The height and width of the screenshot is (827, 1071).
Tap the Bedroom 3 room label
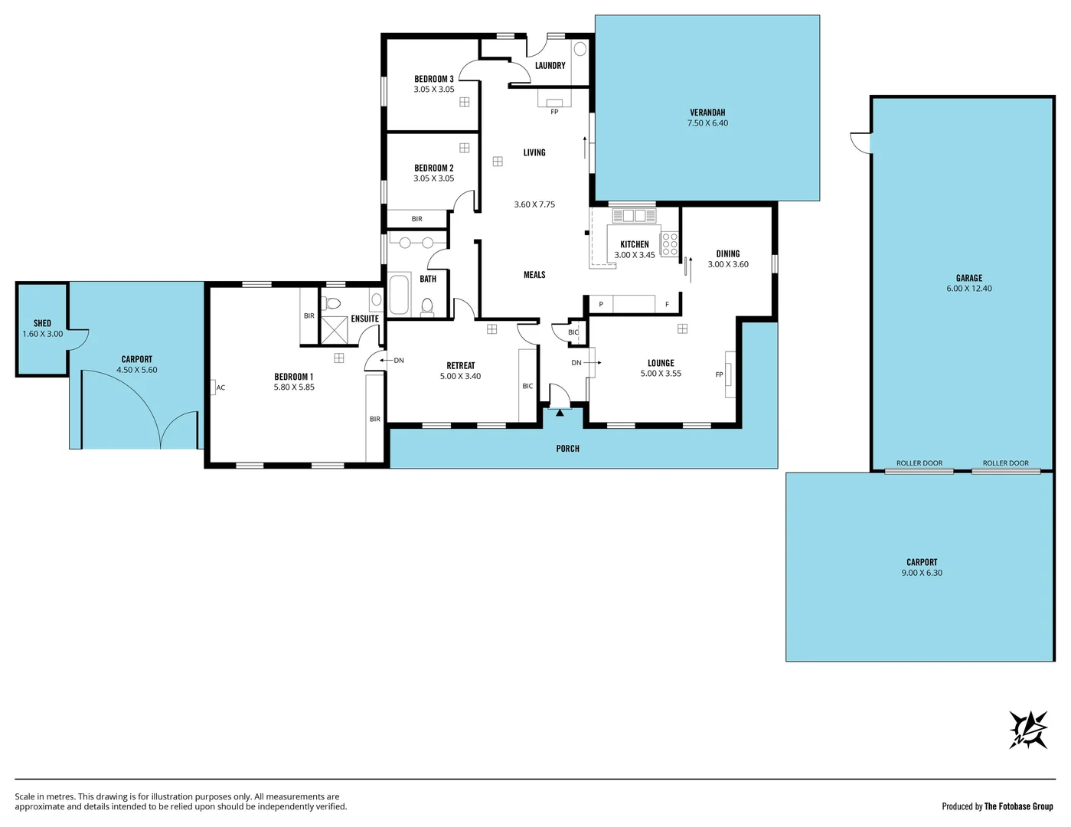pyautogui.click(x=434, y=79)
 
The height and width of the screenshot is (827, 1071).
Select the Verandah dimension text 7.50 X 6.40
pyautogui.click(x=707, y=123)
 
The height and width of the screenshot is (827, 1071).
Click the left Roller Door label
pyautogui.click(x=919, y=463)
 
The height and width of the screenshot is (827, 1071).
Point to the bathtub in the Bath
pyautogui.click(x=399, y=296)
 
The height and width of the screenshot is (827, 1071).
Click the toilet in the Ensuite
pyautogui.click(x=333, y=303)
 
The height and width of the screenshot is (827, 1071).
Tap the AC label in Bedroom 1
pyautogui.click(x=220, y=387)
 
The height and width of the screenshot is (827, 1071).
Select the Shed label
pyautogui.click(x=42, y=323)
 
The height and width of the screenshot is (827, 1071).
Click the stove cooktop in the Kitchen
pyautogui.click(x=669, y=244)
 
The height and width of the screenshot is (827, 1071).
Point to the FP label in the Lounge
pyautogui.click(x=719, y=374)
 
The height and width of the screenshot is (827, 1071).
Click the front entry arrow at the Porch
pyautogui.click(x=560, y=413)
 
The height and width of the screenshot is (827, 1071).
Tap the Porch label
pyautogui.click(x=567, y=449)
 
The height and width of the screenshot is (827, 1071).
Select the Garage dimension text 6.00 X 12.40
pyautogui.click(x=968, y=289)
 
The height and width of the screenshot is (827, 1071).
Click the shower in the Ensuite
pyautogui.click(x=335, y=330)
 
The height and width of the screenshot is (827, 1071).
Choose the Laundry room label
pyautogui.click(x=550, y=66)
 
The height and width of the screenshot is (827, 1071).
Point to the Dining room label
pyautogui.click(x=727, y=253)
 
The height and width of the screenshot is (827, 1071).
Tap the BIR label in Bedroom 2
pyautogui.click(x=416, y=219)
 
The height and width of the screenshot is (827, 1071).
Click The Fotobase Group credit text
pyautogui.click(x=1018, y=806)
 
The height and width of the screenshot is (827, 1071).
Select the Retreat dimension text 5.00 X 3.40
pyautogui.click(x=460, y=376)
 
